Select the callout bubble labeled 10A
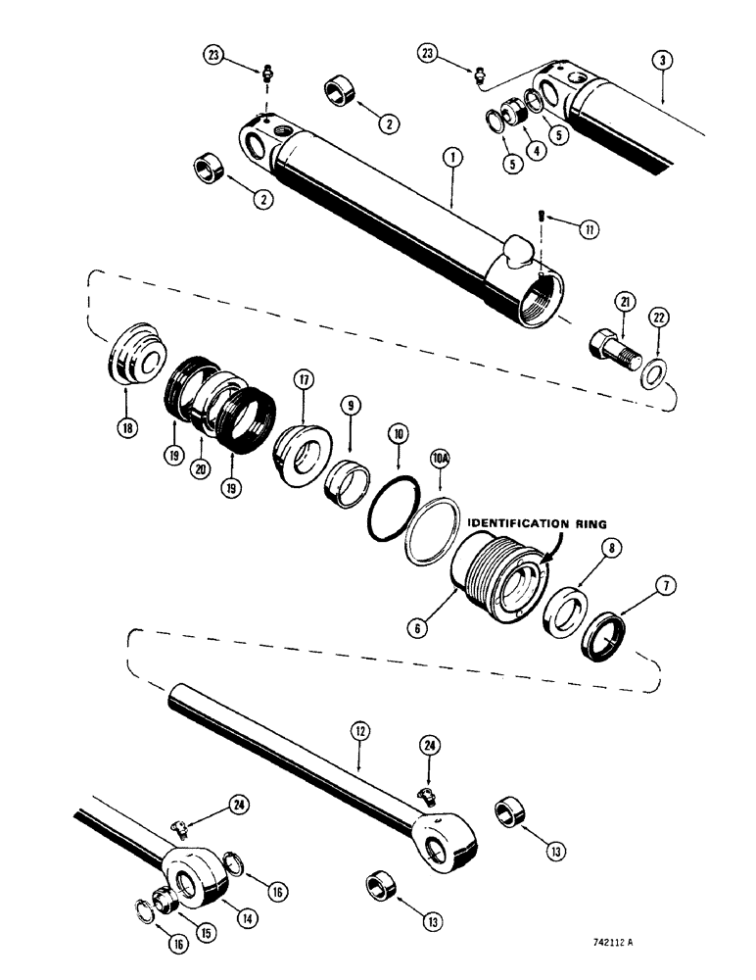tap(440, 456)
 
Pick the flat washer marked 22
tap(657, 373)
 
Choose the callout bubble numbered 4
tap(537, 151)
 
